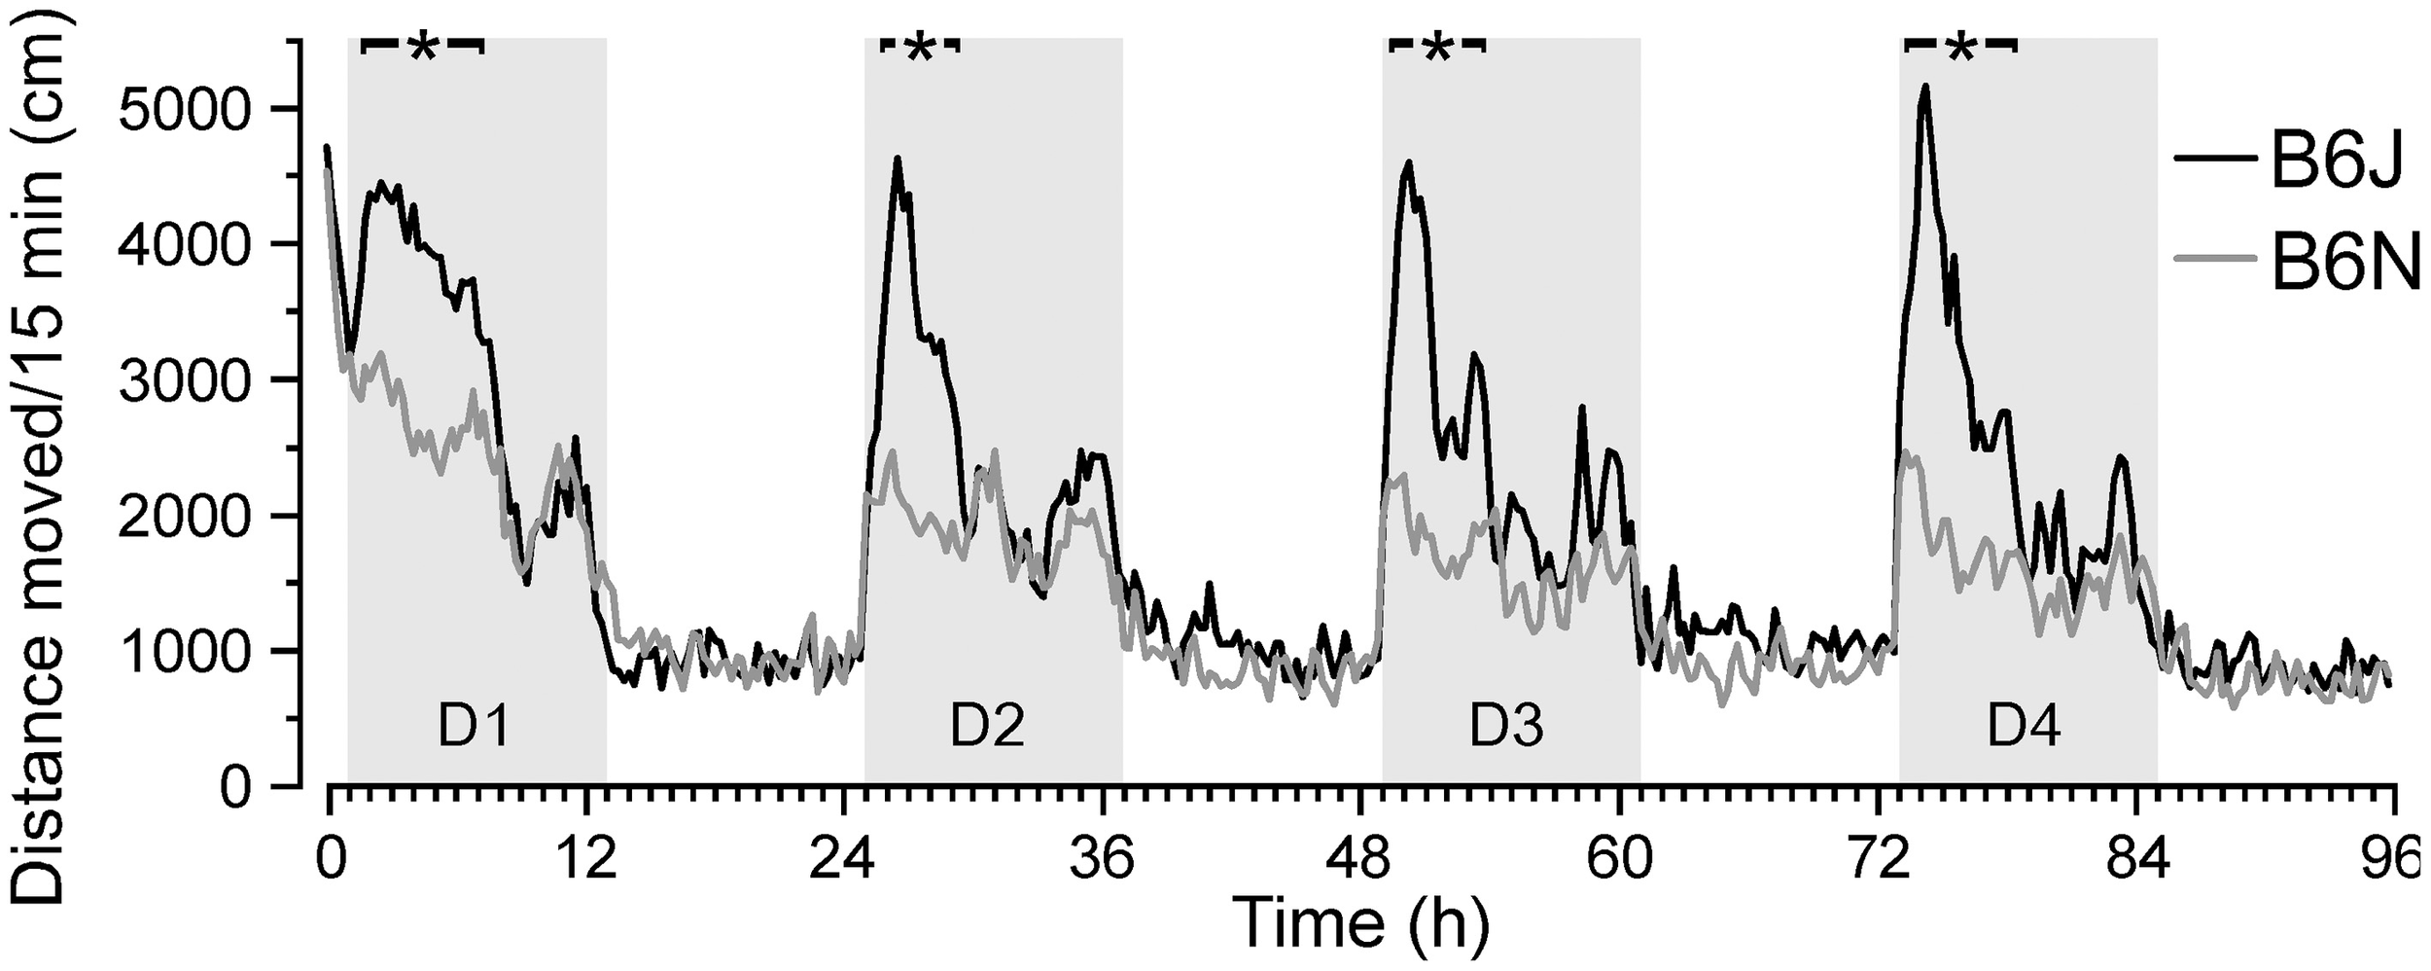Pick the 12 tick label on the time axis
[586, 861]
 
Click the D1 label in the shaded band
[473, 727]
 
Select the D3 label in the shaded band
[1506, 727]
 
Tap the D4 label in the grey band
[2024, 727]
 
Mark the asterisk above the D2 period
[919, 49]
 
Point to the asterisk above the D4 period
[1957, 49]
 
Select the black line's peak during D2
[898, 158]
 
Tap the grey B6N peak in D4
[1907, 451]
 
